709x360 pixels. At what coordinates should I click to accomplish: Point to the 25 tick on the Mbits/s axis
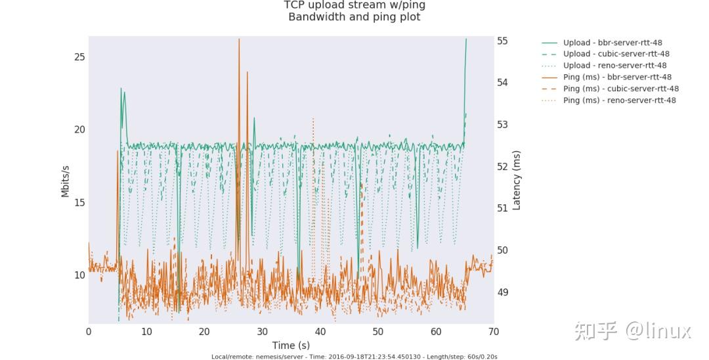point(79,57)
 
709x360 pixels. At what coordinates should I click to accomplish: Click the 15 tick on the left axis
point(79,202)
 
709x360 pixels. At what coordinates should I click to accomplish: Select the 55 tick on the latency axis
point(502,41)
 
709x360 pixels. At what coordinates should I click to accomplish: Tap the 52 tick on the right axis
point(502,166)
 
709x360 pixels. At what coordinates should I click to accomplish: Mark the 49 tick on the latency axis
point(502,292)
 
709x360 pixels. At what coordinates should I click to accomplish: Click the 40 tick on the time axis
point(320,332)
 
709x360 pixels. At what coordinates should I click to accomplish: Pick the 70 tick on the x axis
point(493,332)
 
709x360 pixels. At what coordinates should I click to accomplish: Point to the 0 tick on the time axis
point(89,332)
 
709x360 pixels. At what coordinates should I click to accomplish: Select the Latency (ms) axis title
point(517,180)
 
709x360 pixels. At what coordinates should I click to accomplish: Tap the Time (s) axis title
point(291,345)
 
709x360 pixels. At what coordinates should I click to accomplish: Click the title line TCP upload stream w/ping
point(354,5)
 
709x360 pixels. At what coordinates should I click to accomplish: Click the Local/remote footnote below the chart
point(354,357)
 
